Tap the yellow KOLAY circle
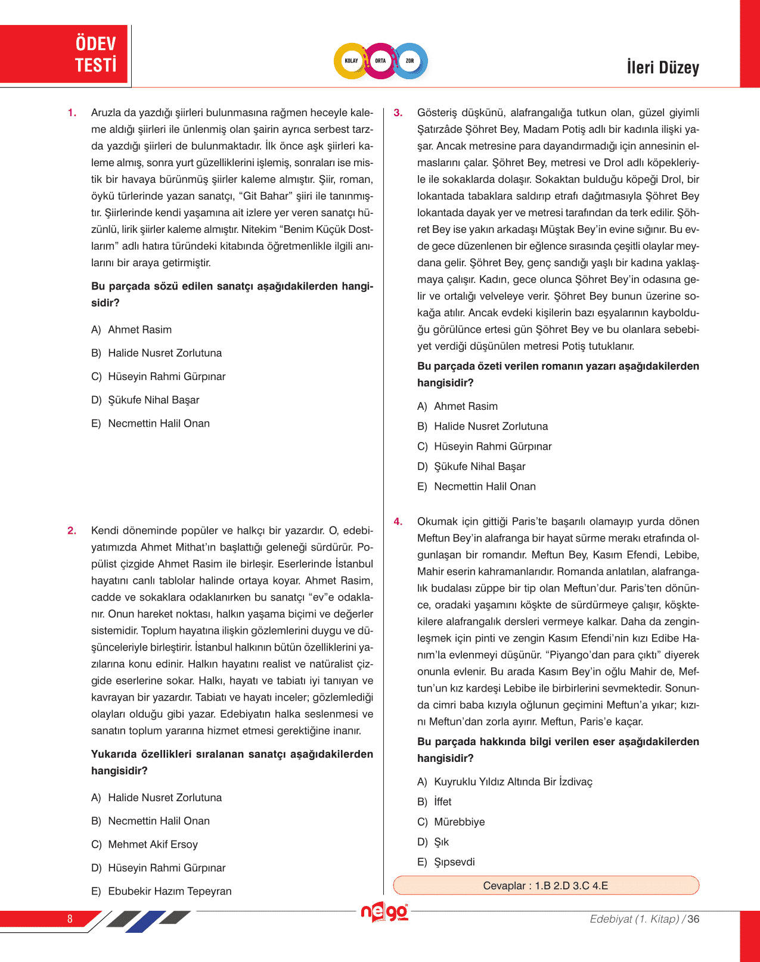tap(351, 61)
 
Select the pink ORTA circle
tap(380, 61)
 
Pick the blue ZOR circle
tap(410, 61)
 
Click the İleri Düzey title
tap(662, 67)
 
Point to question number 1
tap(72, 113)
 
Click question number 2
tap(72, 531)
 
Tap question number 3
tap(398, 113)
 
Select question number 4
tap(398, 522)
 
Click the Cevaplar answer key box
tap(545, 886)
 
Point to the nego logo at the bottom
tap(384, 913)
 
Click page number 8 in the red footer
tap(70, 919)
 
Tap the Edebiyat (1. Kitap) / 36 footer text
tap(644, 919)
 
